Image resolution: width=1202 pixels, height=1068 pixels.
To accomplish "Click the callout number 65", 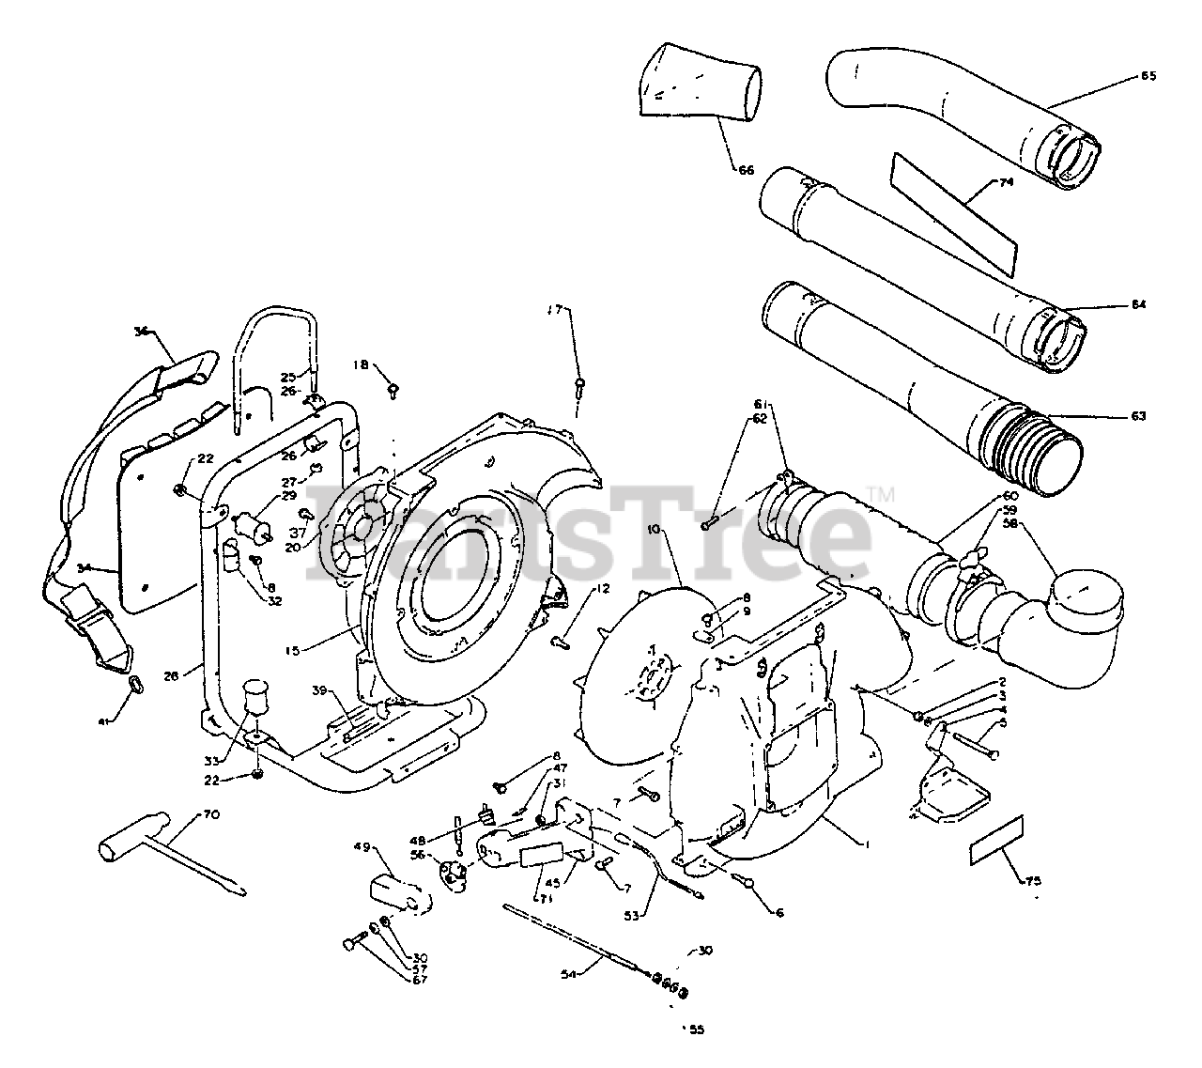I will pyautogui.click(x=1148, y=76).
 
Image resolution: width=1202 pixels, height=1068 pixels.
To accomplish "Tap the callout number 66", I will pyautogui.click(x=746, y=170).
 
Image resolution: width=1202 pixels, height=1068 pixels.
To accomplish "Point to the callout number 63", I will pyautogui.click(x=1138, y=415).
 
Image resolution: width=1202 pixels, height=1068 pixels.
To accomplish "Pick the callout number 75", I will pyautogui.click(x=1033, y=880).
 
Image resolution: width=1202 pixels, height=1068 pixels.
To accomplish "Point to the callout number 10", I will pyautogui.click(x=655, y=531).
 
